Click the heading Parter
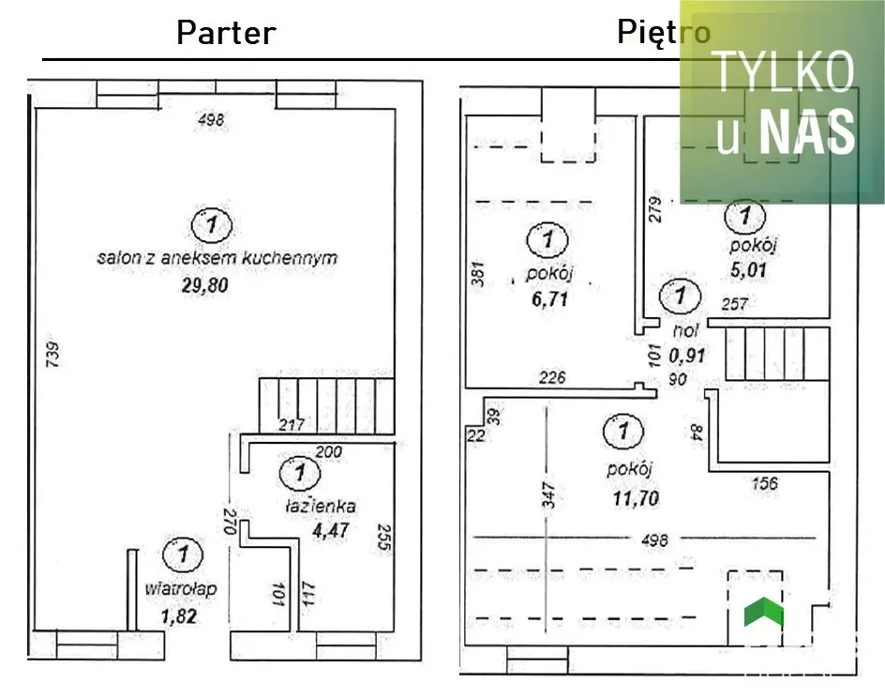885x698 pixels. pos(226,33)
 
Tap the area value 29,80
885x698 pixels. pos(204,285)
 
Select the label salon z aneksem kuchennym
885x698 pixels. pos(217,257)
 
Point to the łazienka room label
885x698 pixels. pos(321,506)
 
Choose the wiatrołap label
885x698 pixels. pos(182,589)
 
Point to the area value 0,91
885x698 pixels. pos(687,357)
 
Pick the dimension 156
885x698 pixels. pos(765,483)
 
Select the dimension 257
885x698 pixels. pos(734,304)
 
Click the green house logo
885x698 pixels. pos(763,613)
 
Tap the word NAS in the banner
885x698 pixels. pos(807,132)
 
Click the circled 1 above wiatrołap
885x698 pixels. pos(184,554)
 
